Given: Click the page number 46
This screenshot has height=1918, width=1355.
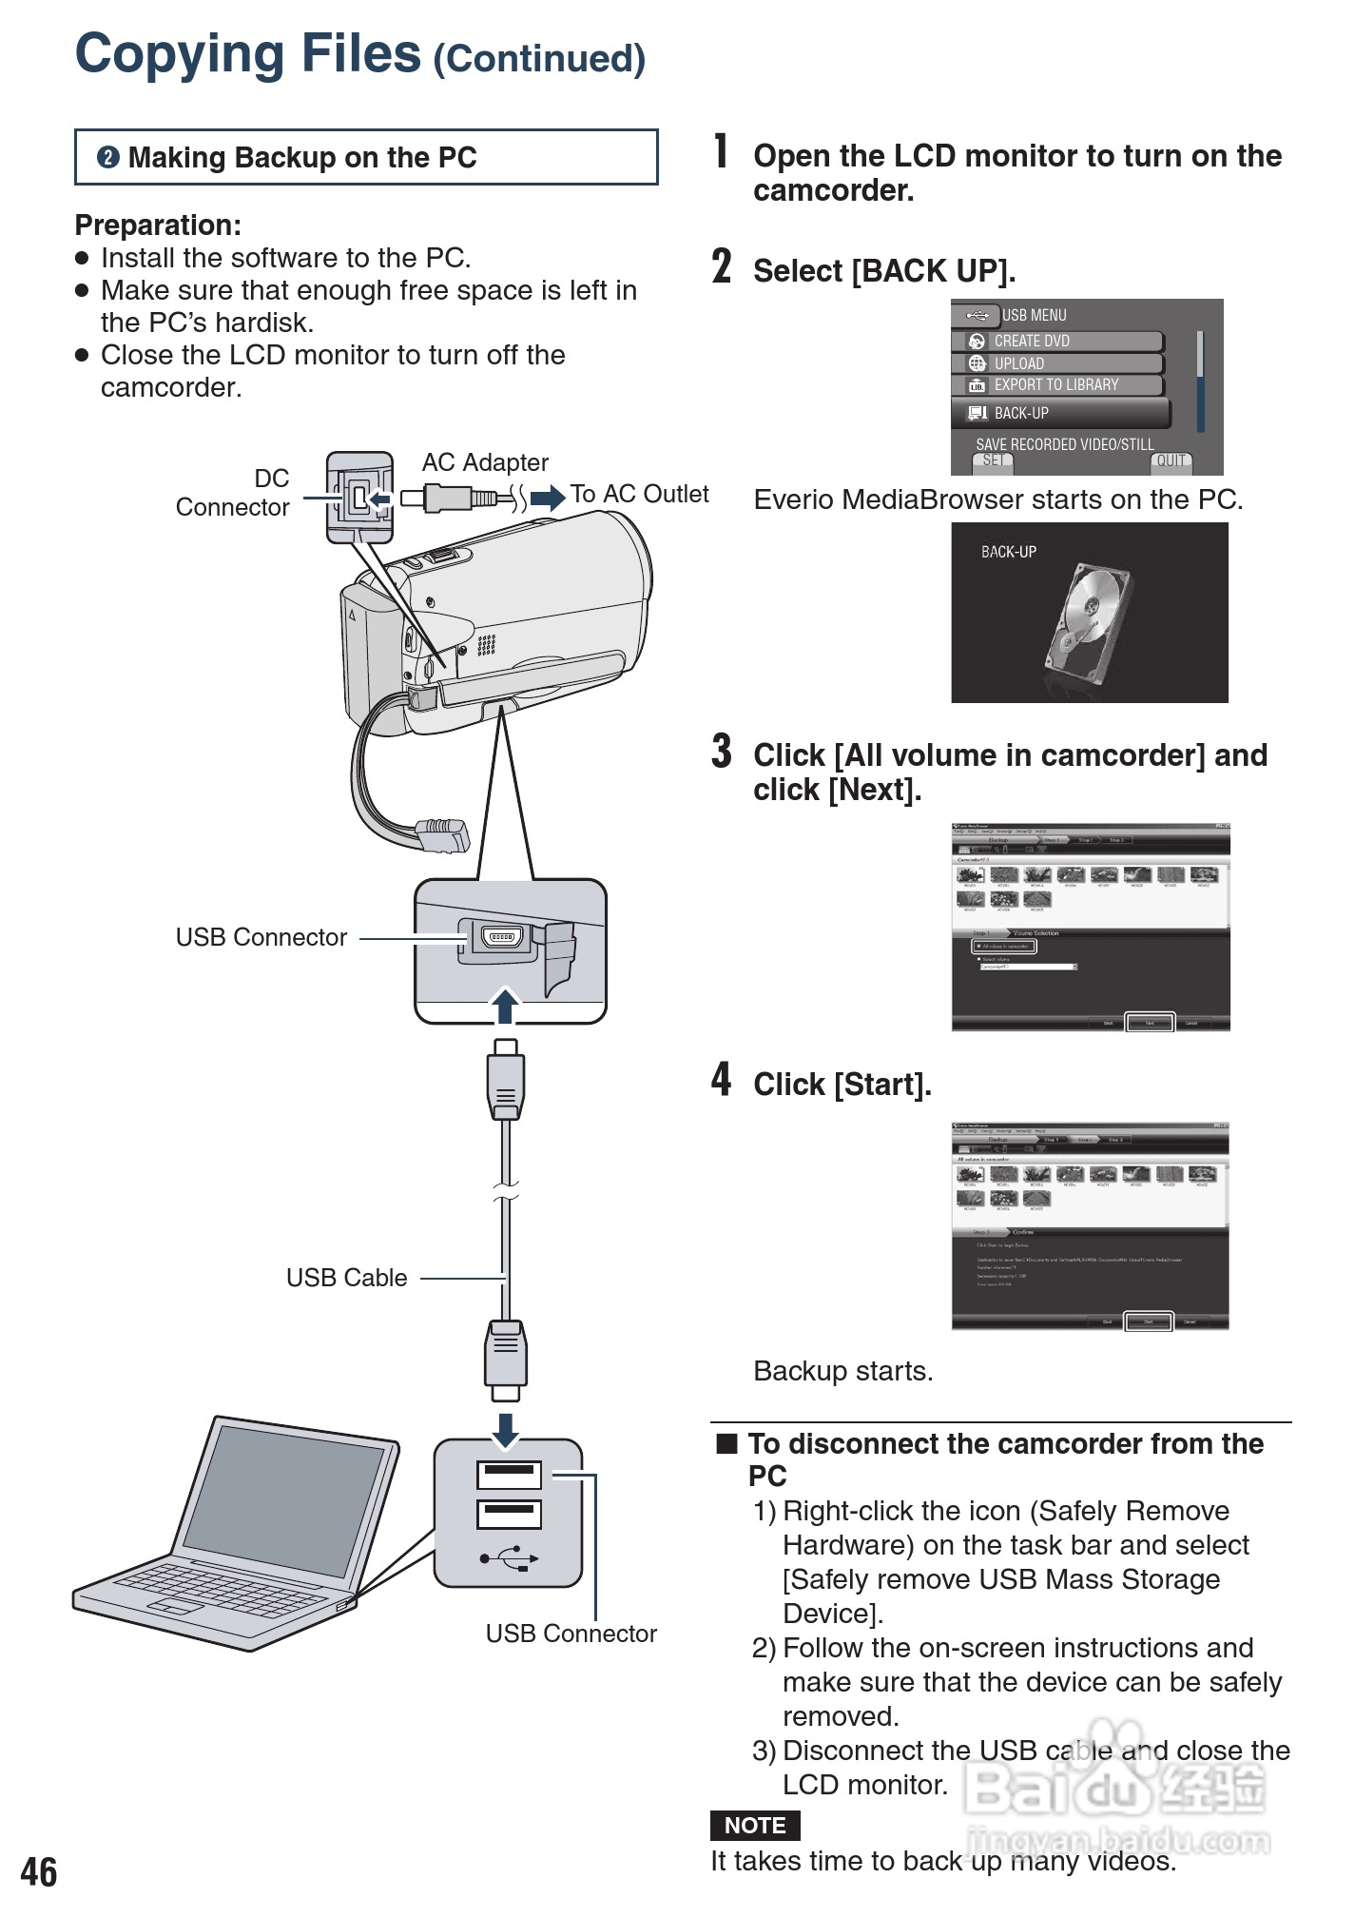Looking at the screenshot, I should [39, 1871].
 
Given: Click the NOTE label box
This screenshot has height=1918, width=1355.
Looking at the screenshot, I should [755, 1825].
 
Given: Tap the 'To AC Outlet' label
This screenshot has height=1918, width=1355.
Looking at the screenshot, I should [639, 495].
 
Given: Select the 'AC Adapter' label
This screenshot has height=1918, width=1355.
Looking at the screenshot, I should [485, 462].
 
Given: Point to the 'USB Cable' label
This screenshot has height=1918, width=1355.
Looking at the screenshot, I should [346, 1278].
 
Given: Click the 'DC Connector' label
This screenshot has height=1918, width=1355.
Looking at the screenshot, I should [233, 493].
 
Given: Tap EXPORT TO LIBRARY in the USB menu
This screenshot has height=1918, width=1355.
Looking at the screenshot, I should [1056, 385].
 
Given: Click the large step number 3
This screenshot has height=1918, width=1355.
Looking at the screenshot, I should [722, 751].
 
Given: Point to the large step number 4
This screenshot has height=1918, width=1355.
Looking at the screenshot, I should [722, 1080].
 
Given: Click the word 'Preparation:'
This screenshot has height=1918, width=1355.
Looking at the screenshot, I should [158, 225].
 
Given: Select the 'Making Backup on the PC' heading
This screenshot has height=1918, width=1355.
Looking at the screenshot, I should [302, 158].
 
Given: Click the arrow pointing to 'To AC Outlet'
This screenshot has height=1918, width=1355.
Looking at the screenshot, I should [548, 498].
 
